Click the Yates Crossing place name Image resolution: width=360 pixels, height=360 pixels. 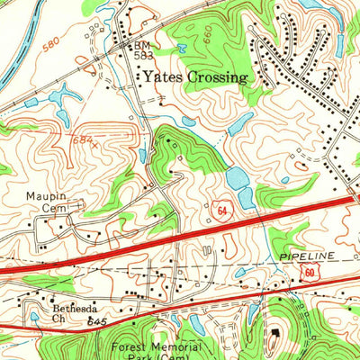(x=193, y=77)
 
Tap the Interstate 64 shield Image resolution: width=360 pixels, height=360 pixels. (x=220, y=210)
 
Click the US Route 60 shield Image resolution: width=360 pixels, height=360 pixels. (x=309, y=271)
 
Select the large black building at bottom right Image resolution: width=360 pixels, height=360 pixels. (x=275, y=337)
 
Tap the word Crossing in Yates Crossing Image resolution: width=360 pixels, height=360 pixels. (x=214, y=77)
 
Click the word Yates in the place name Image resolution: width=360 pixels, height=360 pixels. (x=159, y=77)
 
